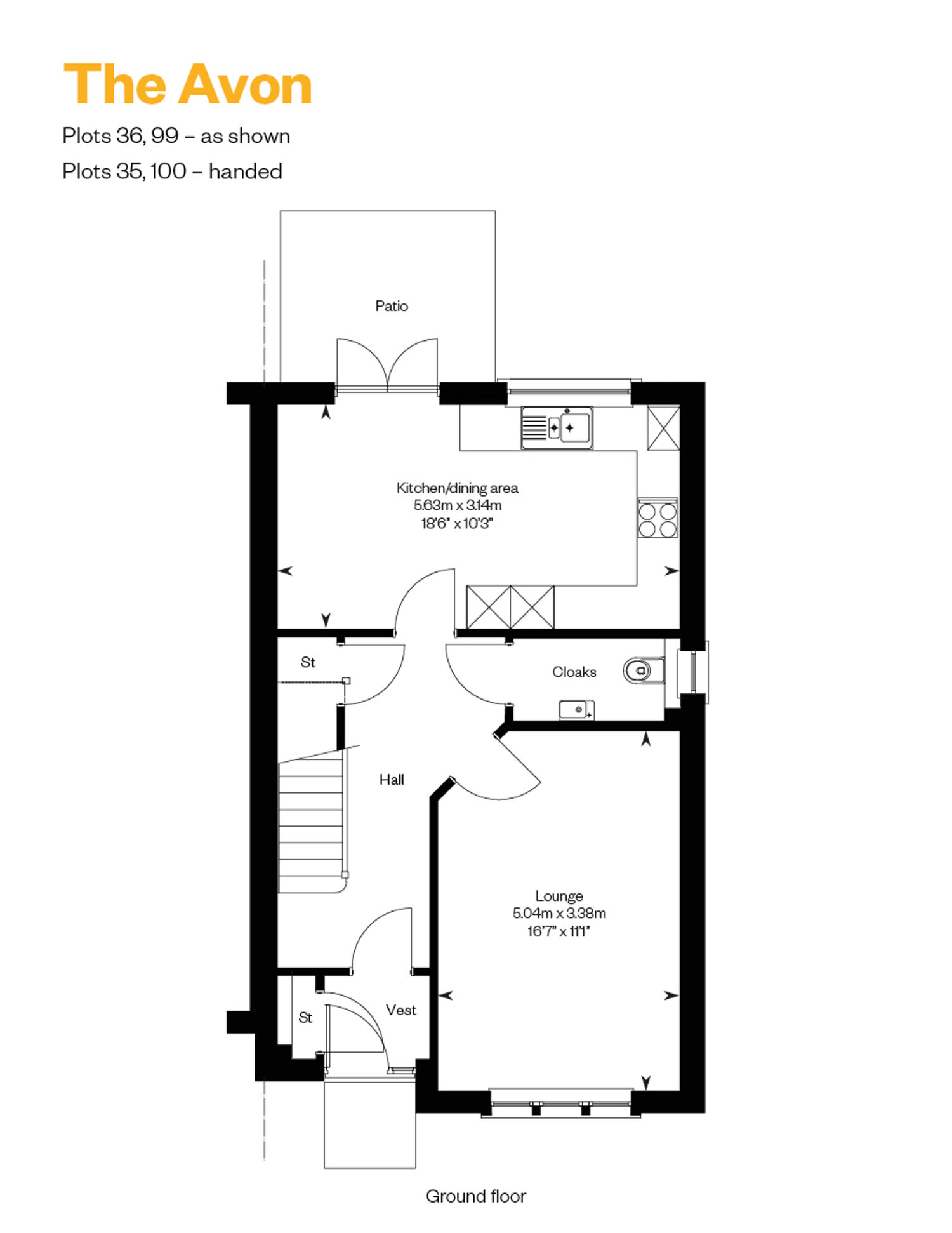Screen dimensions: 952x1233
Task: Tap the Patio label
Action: pos(392,306)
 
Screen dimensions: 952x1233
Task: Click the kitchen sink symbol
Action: pos(557,428)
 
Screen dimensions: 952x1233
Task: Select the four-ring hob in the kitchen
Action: pos(658,519)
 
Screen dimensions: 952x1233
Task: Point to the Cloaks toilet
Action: pos(643,670)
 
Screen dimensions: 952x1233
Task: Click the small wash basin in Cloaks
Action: pos(576,710)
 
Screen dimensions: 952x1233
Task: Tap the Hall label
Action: pos(392,780)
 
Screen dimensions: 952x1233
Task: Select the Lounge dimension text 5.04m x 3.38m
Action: pos(559,913)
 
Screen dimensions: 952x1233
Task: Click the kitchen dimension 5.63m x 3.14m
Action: pos(458,505)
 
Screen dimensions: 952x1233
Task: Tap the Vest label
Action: pos(401,1010)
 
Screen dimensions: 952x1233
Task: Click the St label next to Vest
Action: pos(305,1018)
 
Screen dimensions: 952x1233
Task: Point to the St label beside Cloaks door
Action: pos(308,662)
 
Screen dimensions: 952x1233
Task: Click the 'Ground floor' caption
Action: pos(476,1196)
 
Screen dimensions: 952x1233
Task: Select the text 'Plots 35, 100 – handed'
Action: pos(172,171)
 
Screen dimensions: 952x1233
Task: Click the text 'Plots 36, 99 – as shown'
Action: pos(176,136)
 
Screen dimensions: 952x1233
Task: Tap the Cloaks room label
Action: pos(574,672)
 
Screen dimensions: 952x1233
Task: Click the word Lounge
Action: pos(559,896)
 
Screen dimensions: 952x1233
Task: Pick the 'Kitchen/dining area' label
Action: pos(458,488)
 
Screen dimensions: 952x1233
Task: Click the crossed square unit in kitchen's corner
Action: pos(663,429)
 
